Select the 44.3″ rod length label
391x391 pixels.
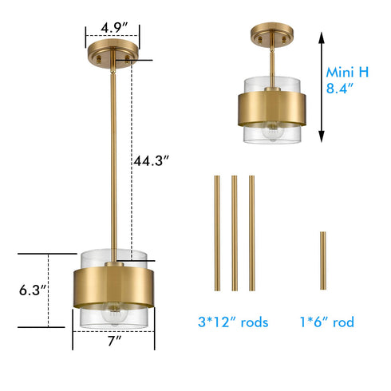click(153, 160)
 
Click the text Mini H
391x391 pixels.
click(347, 72)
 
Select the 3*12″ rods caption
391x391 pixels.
click(232, 323)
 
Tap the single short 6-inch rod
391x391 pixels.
click(322, 261)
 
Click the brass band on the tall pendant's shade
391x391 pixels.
click(113, 286)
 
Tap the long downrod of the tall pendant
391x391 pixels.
click(113, 160)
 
